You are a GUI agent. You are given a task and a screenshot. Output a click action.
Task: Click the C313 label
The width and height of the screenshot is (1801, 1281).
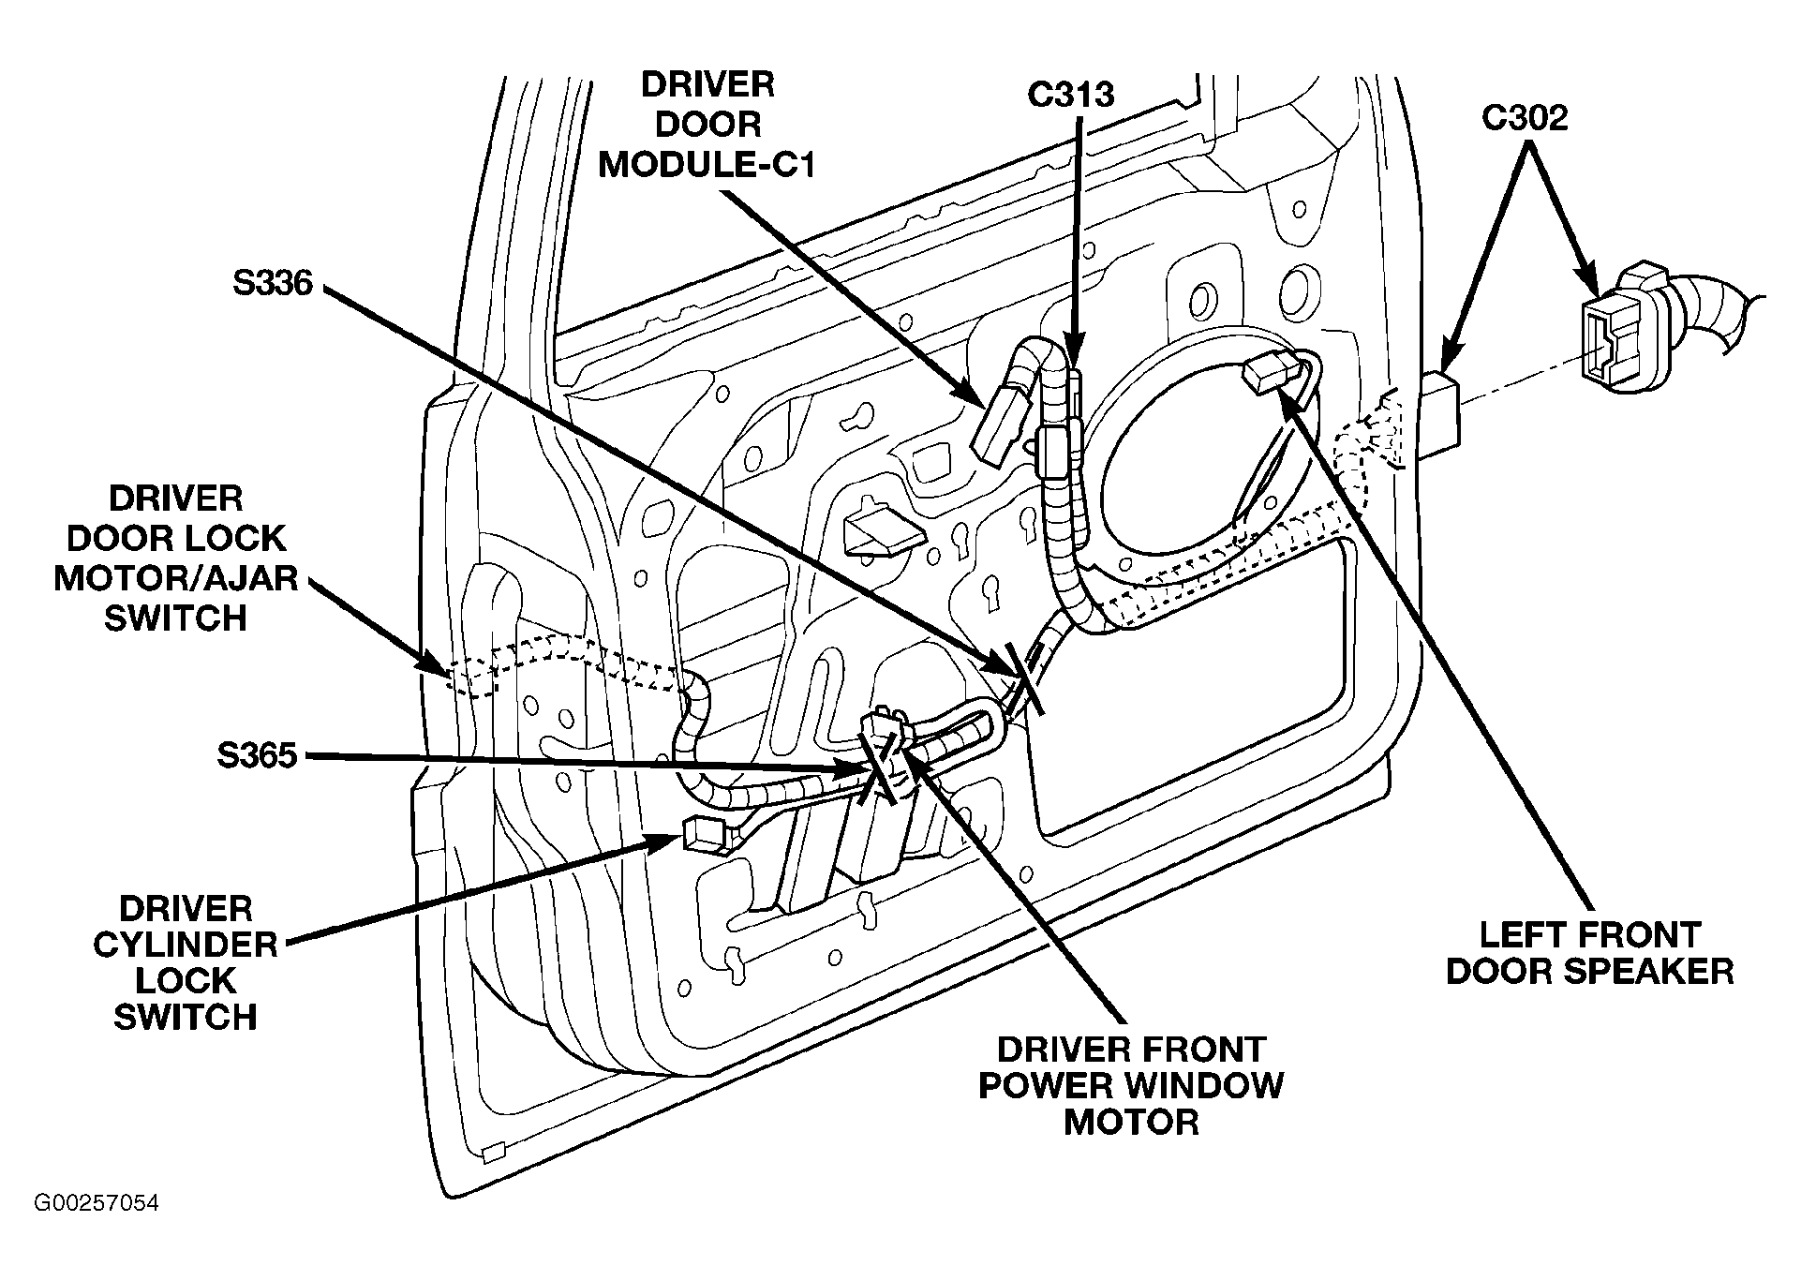[1071, 94]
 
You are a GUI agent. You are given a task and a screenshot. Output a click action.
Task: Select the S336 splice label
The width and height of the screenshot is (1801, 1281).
[273, 282]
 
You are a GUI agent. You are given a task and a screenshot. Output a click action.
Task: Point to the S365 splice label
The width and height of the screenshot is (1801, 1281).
[257, 755]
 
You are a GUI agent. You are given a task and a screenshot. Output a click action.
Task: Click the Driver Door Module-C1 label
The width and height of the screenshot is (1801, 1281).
[707, 125]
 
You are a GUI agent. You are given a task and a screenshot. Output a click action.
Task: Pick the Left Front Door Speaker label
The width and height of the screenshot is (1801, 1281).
[1590, 952]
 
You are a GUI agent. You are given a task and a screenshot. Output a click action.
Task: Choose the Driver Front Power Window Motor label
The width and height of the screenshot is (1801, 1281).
[1131, 1085]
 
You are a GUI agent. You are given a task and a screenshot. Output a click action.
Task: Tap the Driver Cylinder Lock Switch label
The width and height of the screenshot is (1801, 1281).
[186, 962]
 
